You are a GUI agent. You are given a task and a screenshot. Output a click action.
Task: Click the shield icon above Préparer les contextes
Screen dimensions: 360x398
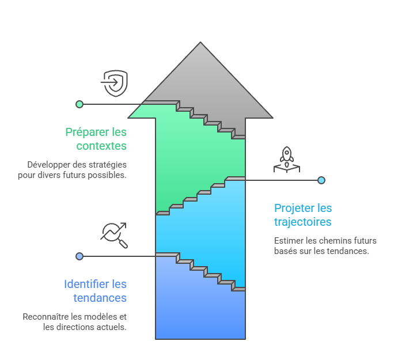pos(115,84)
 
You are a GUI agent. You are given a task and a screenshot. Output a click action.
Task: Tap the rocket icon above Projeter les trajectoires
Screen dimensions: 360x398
pos(286,160)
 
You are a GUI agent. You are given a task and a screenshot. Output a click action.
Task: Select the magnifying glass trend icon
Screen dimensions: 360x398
pos(114,235)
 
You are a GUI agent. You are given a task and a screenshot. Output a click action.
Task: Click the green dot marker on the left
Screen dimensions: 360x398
pos(79,104)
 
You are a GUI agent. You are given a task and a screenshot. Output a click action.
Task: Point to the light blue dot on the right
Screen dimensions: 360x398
pos(321,180)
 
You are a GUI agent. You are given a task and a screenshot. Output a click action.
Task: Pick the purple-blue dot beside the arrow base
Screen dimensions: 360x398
pos(79,256)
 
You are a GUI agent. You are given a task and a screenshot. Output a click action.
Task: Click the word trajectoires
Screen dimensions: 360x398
pos(303,222)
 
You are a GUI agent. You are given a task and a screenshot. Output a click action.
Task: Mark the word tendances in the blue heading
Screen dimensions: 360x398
pos(100,298)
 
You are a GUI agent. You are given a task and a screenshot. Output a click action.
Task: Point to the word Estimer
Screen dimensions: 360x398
pos(287,240)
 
